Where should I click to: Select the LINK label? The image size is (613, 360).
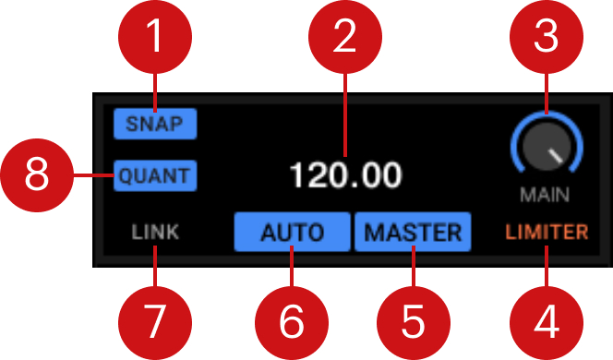coord(155,232)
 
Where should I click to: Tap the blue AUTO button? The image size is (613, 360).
coord(292,232)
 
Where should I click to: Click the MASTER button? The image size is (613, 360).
coord(413,232)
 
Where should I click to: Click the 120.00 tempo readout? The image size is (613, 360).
coord(345,174)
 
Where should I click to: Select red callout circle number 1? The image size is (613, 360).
coord(155,40)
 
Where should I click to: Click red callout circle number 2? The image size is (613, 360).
coord(345,40)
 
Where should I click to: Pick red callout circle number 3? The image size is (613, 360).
coord(547,40)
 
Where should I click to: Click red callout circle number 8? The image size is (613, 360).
coord(37,174)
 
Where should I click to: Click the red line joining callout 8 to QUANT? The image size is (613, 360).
coord(93,174)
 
